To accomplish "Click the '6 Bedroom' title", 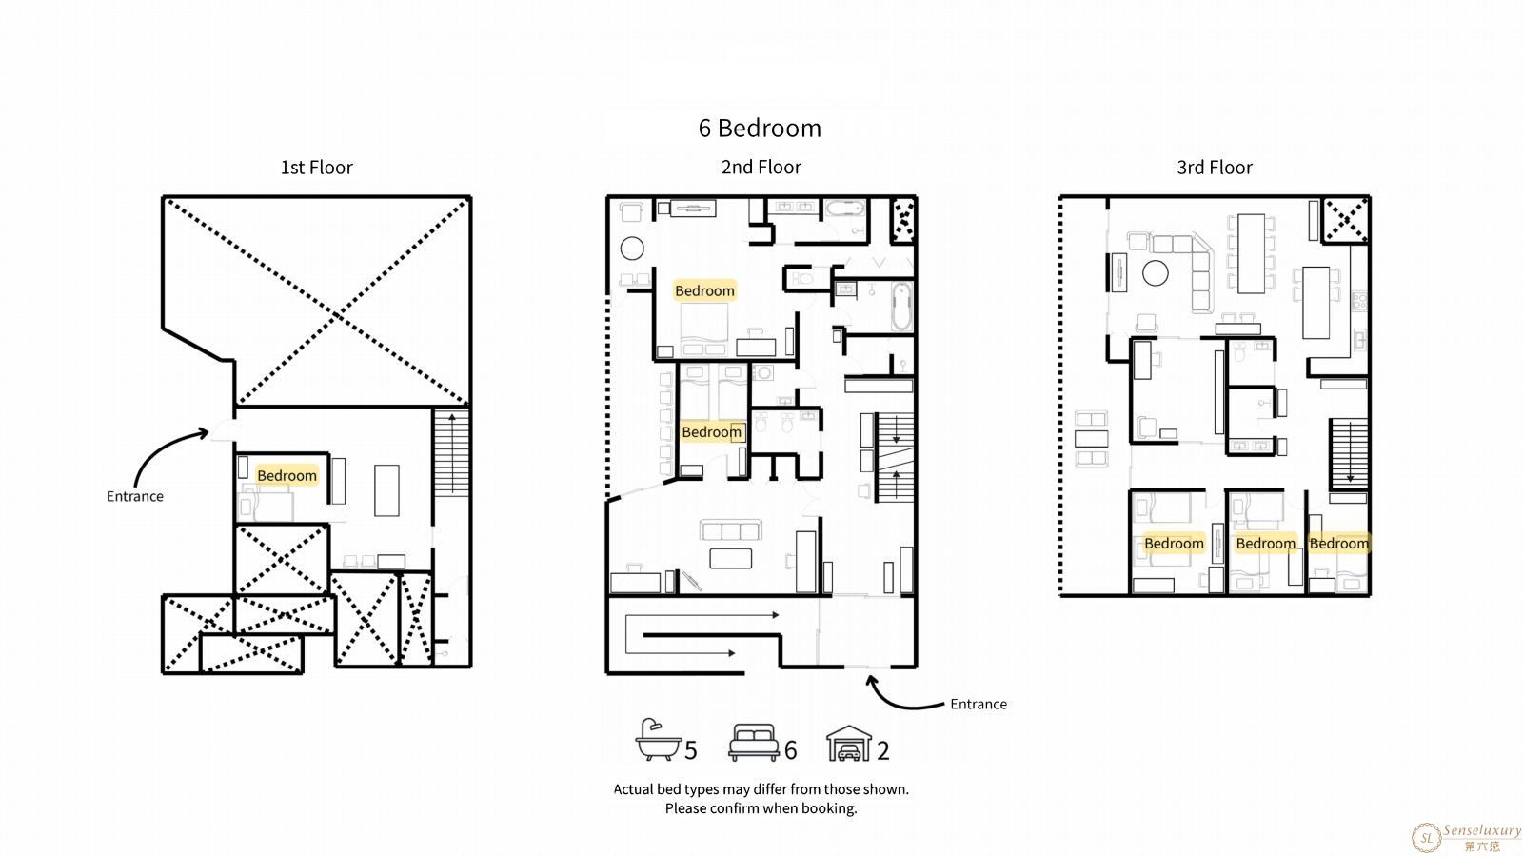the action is pyautogui.click(x=760, y=128).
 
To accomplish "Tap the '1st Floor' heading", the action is pyautogui.click(x=317, y=168).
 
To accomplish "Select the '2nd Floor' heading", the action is pyautogui.click(x=761, y=168).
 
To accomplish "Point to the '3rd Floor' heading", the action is pyautogui.click(x=1215, y=168).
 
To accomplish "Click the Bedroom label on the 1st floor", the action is pyautogui.click(x=287, y=475).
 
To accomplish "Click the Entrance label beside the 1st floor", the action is pyautogui.click(x=134, y=496).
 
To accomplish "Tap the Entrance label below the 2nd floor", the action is pyautogui.click(x=979, y=704).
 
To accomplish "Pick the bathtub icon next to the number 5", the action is pyautogui.click(x=658, y=739).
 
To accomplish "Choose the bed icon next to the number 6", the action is pyautogui.click(x=753, y=742).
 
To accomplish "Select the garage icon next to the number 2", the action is pyautogui.click(x=849, y=743).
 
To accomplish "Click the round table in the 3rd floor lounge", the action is pyautogui.click(x=1156, y=273).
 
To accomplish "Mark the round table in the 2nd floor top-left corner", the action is pyautogui.click(x=632, y=249).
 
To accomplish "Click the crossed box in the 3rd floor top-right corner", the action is pyautogui.click(x=1346, y=220).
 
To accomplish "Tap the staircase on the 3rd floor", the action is pyautogui.click(x=1349, y=453).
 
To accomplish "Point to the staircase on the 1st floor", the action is pyautogui.click(x=451, y=453).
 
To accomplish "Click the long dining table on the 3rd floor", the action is pyautogui.click(x=1251, y=253).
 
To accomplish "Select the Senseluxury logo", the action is pyautogui.click(x=1466, y=838).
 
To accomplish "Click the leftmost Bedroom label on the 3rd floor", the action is pyautogui.click(x=1175, y=544).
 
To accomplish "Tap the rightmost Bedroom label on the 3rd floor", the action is pyautogui.click(x=1338, y=544).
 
